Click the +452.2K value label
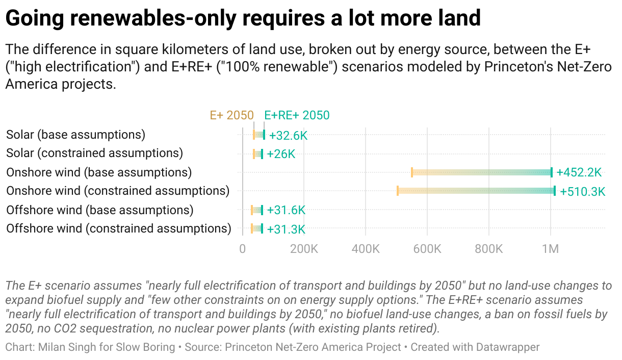coord(579,172)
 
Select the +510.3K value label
coord(582,192)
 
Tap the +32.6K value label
coord(288,136)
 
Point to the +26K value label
coord(281,154)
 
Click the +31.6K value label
coord(286,210)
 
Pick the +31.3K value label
coord(286,229)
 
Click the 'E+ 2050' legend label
coord(231,115)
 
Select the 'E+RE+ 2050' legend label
coord(297,115)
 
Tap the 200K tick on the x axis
coord(304,249)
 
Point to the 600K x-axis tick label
coord(427,249)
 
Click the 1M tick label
coord(551,249)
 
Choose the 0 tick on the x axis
coord(243,249)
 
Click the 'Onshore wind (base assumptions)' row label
coord(99,172)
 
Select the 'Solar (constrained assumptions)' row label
coord(94,153)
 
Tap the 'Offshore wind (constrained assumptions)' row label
coord(119,228)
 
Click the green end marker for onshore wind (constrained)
coord(555,191)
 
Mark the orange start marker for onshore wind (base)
coord(412,172)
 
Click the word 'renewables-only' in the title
coord(151,18)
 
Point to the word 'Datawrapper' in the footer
coord(508,347)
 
